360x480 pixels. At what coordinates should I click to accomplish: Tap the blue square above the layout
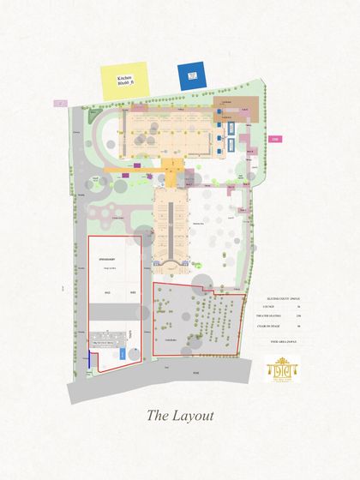point(192,75)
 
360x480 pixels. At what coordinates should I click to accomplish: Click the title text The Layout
point(179,416)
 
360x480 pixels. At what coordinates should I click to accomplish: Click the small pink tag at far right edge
point(275,139)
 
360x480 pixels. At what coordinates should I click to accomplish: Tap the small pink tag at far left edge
point(60,102)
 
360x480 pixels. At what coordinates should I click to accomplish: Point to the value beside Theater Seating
point(298,315)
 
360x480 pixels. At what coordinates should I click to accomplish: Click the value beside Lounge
point(298,305)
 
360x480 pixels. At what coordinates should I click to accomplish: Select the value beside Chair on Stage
point(298,326)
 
